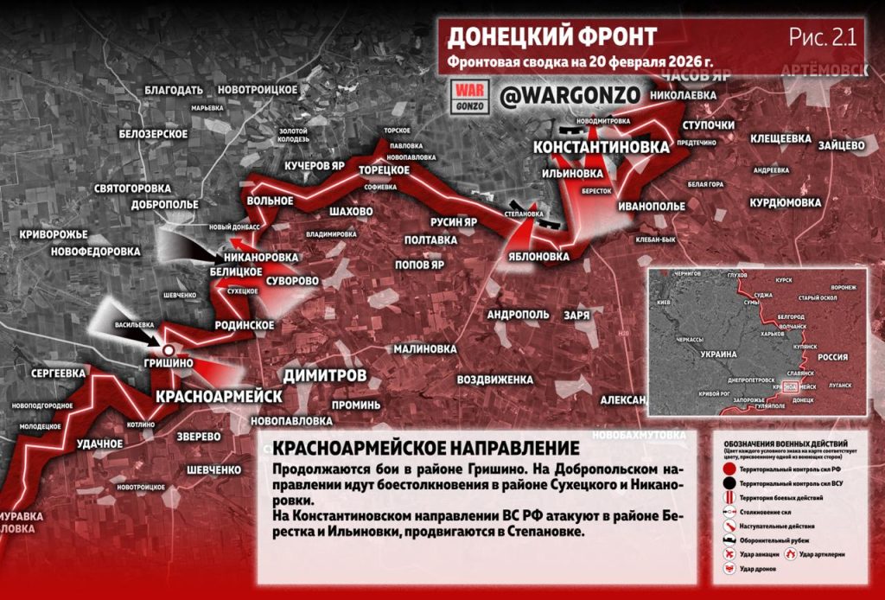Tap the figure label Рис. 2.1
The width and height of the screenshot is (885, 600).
click(x=822, y=36)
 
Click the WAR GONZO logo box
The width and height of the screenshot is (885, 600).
click(x=471, y=96)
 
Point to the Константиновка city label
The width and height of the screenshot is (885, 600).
click(x=601, y=148)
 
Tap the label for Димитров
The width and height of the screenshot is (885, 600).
click(x=324, y=374)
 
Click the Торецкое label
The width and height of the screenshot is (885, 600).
click(x=383, y=169)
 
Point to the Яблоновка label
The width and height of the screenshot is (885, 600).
click(x=539, y=257)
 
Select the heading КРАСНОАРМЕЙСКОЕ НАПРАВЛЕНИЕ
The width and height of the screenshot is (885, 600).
click(x=422, y=448)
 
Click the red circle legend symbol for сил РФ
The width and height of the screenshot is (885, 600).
click(x=729, y=468)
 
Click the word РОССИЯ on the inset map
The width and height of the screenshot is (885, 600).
click(x=832, y=356)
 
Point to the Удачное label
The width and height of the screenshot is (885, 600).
click(x=99, y=444)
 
